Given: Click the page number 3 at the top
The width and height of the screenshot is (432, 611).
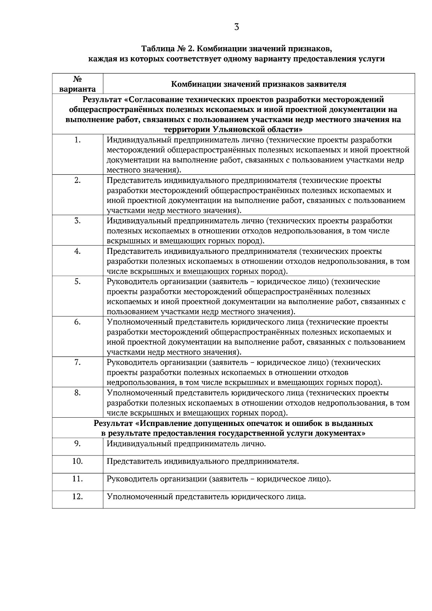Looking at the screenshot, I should click(x=237, y=27).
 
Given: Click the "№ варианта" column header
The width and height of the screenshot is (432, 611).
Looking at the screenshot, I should click(x=77, y=84).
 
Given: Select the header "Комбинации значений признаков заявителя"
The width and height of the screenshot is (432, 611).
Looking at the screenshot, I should click(x=258, y=84).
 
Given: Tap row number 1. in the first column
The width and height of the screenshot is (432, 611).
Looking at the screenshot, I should click(x=77, y=140).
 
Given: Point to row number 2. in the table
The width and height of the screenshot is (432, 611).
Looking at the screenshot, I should click(x=77, y=180).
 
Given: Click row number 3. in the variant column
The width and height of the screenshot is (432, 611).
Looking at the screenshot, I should click(x=77, y=221).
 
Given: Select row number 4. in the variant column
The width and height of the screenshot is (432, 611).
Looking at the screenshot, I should click(x=77, y=251).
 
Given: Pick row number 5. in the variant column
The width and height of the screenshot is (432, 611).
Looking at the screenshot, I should click(x=77, y=281).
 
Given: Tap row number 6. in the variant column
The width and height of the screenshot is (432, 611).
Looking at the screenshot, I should click(x=77, y=322).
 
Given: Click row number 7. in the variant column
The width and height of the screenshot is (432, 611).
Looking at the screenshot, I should click(x=77, y=362).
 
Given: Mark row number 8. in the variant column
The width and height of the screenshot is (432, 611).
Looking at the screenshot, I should click(x=77, y=392).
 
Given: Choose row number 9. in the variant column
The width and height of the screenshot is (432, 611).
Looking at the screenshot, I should click(x=77, y=444).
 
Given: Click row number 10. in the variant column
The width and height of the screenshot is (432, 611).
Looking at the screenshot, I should click(x=77, y=461).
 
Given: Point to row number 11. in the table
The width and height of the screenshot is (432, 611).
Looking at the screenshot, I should click(x=77, y=479).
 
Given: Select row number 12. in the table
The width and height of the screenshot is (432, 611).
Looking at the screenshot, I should click(x=77, y=497).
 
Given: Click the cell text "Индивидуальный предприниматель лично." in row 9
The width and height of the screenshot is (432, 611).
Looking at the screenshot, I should click(x=186, y=444).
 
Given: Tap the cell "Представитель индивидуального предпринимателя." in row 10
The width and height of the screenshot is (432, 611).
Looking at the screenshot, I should click(x=203, y=462).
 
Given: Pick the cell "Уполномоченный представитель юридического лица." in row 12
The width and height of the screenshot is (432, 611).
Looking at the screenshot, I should click(x=206, y=497).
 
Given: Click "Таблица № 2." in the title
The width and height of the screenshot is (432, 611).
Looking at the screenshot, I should click(x=168, y=48).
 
